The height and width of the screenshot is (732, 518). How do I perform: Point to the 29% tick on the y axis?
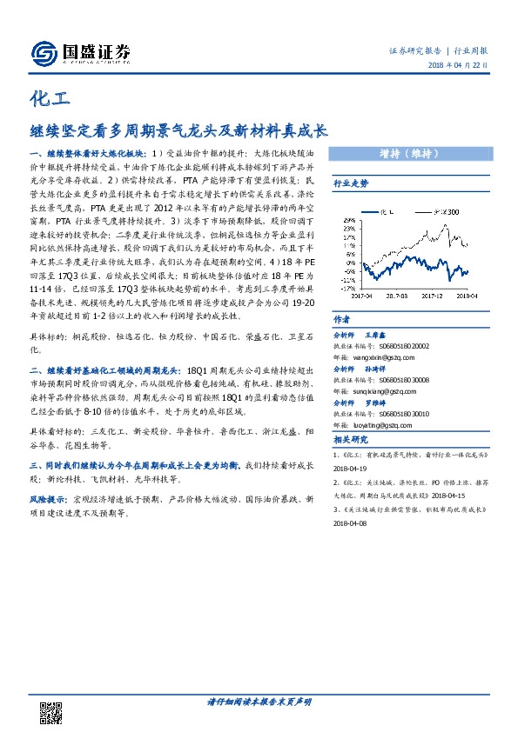(349, 221)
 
